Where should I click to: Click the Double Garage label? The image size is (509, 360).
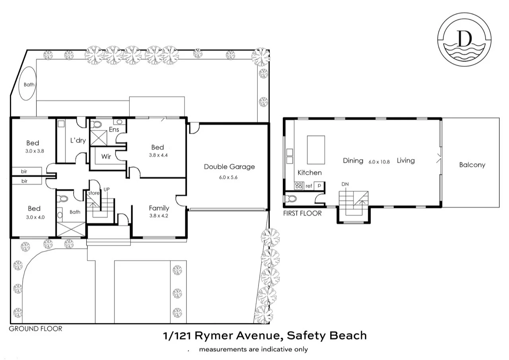[229, 167]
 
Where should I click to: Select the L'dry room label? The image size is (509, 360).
[78, 140]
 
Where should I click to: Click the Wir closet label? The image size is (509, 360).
[106, 157]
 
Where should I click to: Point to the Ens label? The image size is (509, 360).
[114, 130]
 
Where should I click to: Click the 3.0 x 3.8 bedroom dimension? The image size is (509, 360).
[33, 151]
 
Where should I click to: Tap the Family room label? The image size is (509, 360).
[159, 208]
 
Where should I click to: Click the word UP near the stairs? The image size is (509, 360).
[106, 189]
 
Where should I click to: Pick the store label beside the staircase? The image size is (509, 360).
[94, 193]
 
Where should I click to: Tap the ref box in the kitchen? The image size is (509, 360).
[309, 186]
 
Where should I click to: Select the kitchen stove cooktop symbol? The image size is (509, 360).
[298, 185]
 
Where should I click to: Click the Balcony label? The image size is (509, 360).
[472, 165]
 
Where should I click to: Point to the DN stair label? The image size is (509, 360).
[345, 184]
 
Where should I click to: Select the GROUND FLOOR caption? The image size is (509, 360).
[35, 329]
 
